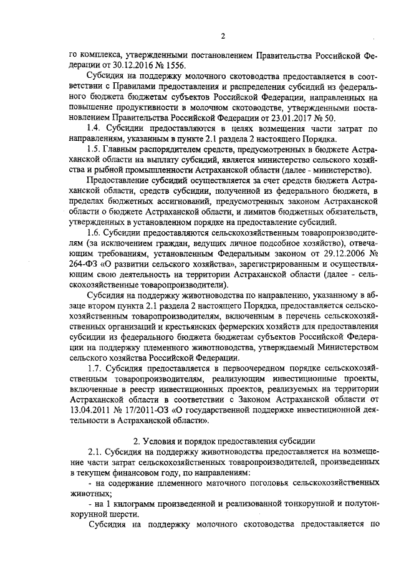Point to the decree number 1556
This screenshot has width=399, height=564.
tap(173, 67)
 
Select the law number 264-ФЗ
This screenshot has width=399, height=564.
tap(84, 267)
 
